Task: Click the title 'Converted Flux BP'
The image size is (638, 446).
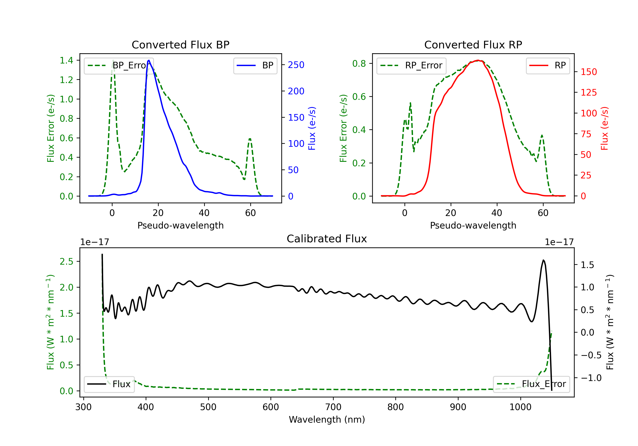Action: [x=181, y=45]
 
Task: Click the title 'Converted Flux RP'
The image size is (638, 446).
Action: [x=473, y=45]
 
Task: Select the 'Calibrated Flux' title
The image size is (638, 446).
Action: [x=327, y=239]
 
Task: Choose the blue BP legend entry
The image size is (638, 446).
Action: [x=255, y=65]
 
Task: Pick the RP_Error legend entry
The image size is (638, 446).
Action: [x=411, y=65]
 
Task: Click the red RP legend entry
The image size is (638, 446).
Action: [x=548, y=65]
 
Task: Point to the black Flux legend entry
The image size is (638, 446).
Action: [x=109, y=384]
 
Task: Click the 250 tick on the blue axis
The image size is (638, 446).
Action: [x=296, y=65]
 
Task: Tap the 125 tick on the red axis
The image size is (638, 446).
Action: [x=588, y=92]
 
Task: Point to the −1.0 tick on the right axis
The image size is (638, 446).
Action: [x=591, y=378]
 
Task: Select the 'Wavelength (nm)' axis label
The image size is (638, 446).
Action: [x=327, y=419]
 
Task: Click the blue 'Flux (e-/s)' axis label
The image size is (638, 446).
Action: [x=312, y=128]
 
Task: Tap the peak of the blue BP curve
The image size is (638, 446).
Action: [x=149, y=60]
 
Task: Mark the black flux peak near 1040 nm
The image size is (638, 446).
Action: [x=544, y=260]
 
